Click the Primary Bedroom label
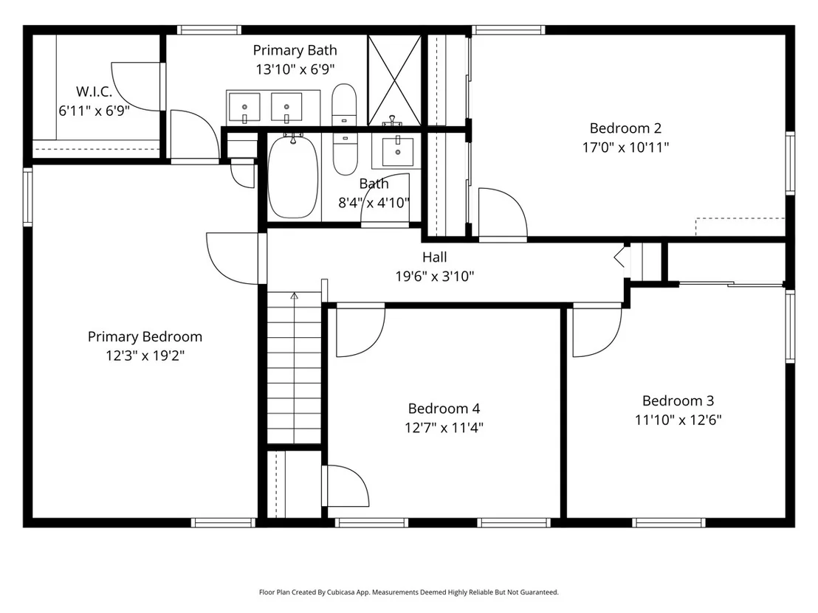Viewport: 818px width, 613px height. coord(145,336)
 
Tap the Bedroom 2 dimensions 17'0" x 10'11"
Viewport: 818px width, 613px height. coord(625,148)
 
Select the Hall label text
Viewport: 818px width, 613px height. coord(435,257)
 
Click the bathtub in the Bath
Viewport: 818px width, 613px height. coord(292,176)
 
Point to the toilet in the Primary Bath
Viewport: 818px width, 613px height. coord(344,104)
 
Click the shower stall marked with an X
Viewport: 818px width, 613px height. coord(394,80)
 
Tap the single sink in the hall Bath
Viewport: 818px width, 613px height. coord(397,151)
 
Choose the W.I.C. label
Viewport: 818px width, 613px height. coord(94,91)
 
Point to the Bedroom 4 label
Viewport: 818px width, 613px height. coord(444,409)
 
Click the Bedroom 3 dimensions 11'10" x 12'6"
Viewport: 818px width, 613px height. coord(678,420)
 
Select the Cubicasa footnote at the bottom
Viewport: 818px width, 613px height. coord(409,592)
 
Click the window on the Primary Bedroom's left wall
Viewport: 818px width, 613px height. coord(27,196)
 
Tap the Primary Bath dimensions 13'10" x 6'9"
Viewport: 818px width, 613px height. coord(295,69)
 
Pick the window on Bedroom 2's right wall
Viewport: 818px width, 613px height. coord(791,163)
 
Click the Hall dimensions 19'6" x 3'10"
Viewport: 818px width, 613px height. coord(435,277)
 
